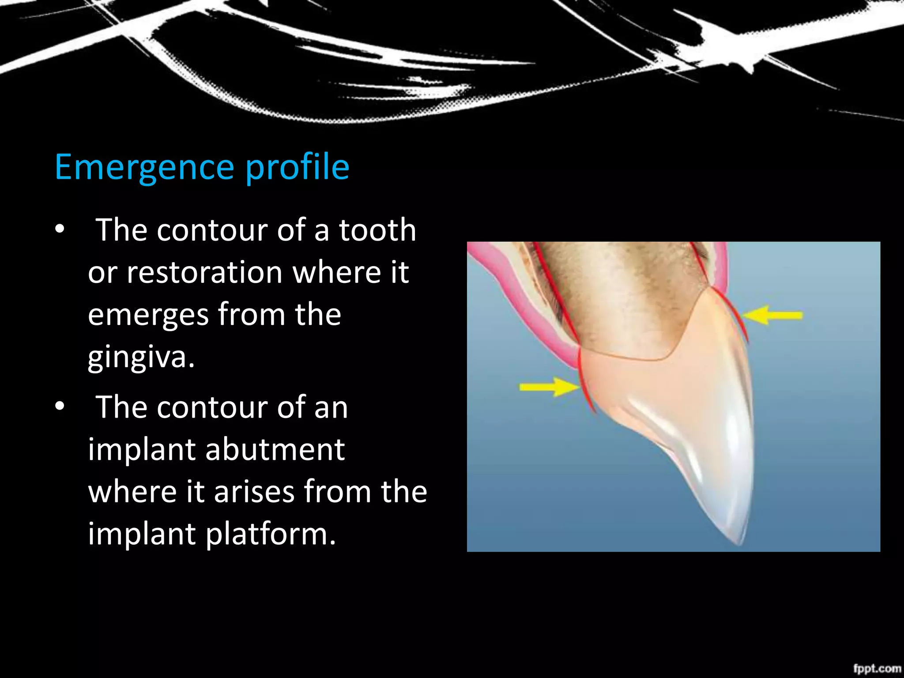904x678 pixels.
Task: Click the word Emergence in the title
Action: tap(144, 167)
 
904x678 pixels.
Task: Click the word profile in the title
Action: tap(298, 167)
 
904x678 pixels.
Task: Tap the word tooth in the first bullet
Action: tap(377, 230)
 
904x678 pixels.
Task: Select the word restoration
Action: tap(204, 272)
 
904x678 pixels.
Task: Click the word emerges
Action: tap(148, 315)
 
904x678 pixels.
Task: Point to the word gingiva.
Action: tap(140, 358)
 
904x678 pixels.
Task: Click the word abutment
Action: tap(275, 450)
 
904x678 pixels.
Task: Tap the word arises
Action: tap(255, 492)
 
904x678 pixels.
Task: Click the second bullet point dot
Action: tap(60, 407)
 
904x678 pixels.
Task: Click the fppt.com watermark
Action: tap(876, 668)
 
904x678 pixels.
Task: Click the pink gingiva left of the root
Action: tap(523, 300)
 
